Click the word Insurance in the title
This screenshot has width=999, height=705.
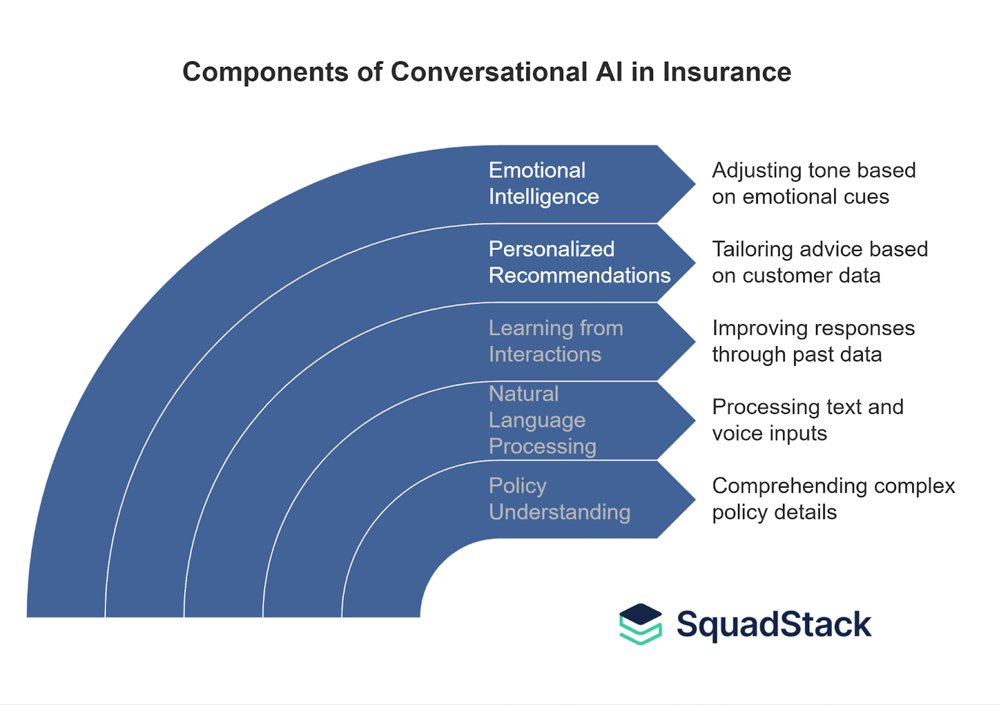tap(727, 72)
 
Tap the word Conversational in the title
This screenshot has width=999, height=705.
tap(489, 72)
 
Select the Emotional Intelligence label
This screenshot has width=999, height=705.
tap(543, 184)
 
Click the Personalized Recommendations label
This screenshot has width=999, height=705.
tap(579, 262)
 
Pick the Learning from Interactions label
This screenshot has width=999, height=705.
tap(556, 341)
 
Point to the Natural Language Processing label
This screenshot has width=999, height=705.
tap(542, 420)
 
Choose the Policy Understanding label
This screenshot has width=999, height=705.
tap(559, 499)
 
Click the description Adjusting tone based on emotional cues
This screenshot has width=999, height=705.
tap(813, 184)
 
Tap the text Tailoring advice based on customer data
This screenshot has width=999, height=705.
tap(819, 262)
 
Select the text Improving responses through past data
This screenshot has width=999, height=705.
tap(813, 341)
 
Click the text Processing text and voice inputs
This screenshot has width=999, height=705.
tap(807, 420)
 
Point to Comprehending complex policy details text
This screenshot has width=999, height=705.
tap(833, 499)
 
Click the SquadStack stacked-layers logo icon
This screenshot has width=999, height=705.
tap(640, 624)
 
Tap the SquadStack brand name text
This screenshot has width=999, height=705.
tap(774, 624)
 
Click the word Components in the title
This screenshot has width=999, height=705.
tap(265, 72)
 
